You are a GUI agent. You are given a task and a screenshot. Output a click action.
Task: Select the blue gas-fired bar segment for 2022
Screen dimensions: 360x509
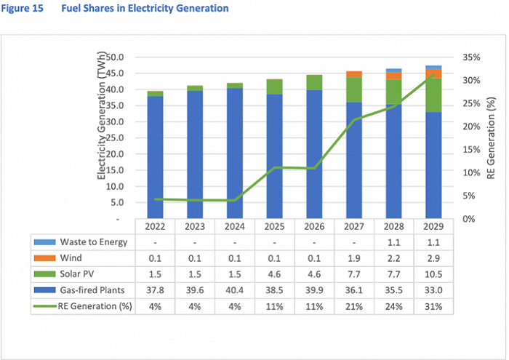(x=155, y=156)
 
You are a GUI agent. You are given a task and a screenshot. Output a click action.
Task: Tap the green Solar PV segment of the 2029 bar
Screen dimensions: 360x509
(x=433, y=95)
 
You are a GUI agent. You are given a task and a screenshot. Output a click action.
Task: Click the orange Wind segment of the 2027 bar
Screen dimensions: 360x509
(x=354, y=74)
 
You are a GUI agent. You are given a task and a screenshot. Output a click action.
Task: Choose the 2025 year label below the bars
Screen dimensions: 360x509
(x=274, y=225)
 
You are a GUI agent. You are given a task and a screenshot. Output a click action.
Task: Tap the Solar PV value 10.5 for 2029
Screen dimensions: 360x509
(x=434, y=273)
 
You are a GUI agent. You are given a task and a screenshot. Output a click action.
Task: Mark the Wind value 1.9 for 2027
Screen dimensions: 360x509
(x=354, y=257)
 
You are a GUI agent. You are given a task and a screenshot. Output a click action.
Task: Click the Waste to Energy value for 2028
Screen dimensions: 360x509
(x=394, y=242)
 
